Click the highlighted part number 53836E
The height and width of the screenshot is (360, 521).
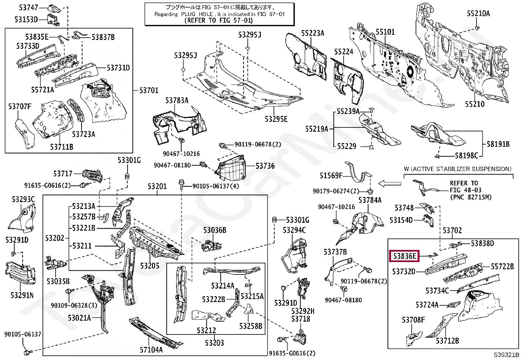(x=404, y=256)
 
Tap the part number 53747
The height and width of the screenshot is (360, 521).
(x=28, y=7)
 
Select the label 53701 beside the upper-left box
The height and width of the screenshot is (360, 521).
(x=149, y=90)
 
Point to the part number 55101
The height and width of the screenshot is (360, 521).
(x=385, y=32)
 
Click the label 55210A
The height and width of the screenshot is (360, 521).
(x=478, y=13)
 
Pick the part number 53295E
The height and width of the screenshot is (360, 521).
(x=276, y=119)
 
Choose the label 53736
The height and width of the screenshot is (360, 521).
(x=265, y=166)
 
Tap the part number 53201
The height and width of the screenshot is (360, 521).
(x=157, y=186)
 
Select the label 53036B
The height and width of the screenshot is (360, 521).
(x=215, y=230)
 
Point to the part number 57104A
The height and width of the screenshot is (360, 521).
(x=151, y=350)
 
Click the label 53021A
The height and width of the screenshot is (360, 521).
(x=79, y=318)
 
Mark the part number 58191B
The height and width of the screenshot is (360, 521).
(x=498, y=144)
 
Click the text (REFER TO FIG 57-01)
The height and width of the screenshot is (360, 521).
(x=219, y=20)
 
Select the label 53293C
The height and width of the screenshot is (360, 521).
(x=23, y=199)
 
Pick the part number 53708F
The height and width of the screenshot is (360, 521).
(x=413, y=320)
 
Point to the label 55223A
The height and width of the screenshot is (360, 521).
(x=313, y=33)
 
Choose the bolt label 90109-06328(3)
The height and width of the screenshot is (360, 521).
(x=74, y=305)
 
